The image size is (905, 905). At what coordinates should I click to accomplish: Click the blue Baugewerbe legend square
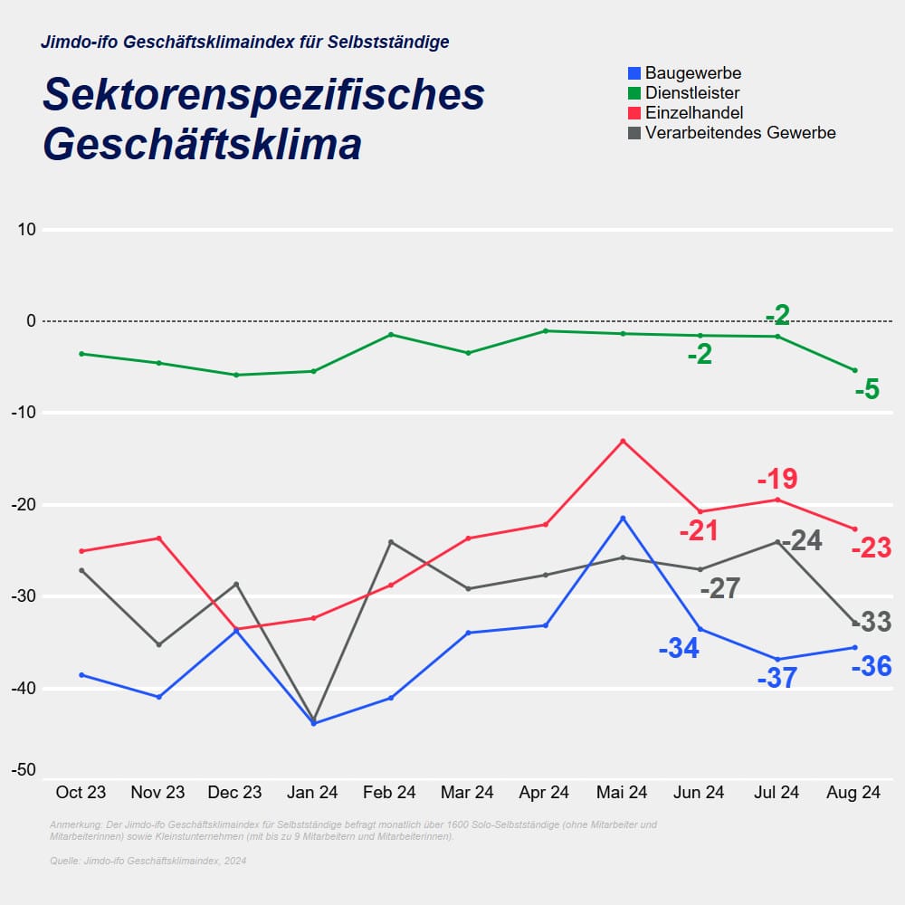pyautogui.click(x=634, y=73)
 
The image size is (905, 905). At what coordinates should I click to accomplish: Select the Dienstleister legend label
pyautogui.click(x=692, y=93)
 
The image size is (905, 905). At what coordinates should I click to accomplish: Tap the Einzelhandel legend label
pyautogui.click(x=694, y=113)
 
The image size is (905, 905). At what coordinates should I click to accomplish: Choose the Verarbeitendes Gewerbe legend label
pyautogui.click(x=740, y=133)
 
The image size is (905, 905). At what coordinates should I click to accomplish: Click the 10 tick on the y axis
pyautogui.click(x=26, y=230)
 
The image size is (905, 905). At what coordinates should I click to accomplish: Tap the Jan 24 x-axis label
pyautogui.click(x=312, y=793)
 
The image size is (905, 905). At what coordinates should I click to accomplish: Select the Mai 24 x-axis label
pyautogui.click(x=622, y=793)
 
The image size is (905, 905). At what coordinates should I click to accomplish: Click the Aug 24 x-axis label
pyautogui.click(x=853, y=793)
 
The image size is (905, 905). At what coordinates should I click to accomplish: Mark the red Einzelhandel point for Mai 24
pyautogui.click(x=623, y=441)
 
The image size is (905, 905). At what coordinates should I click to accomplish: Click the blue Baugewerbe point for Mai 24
pyautogui.click(x=623, y=518)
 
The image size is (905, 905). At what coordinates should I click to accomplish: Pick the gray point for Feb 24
pyautogui.click(x=391, y=542)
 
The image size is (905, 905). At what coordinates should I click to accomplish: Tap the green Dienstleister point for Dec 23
pyautogui.click(x=236, y=375)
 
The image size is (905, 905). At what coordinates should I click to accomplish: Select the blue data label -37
pyautogui.click(x=776, y=678)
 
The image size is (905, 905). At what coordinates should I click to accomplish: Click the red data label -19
pyautogui.click(x=776, y=479)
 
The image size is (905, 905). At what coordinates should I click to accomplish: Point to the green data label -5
pyautogui.click(x=867, y=390)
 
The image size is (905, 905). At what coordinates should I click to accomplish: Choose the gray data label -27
pyautogui.click(x=720, y=589)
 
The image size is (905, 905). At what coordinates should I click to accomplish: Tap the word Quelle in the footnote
pyautogui.click(x=64, y=861)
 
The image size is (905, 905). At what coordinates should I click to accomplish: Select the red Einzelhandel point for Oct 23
pyautogui.click(x=81, y=551)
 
